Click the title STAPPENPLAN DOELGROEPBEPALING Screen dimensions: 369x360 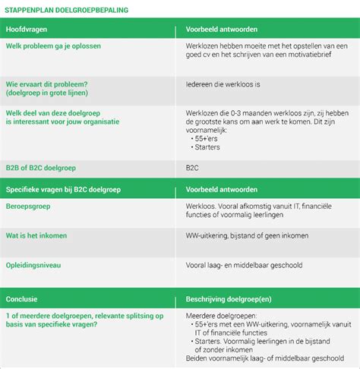[67, 11]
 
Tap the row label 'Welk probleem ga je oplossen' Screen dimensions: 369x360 [53, 46]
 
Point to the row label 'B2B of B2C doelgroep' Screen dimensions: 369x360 [41, 166]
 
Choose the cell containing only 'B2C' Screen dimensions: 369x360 [192, 166]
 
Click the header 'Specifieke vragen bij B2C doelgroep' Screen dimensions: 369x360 [69, 188]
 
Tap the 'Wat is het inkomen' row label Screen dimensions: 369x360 [38, 235]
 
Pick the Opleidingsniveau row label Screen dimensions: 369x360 [33, 266]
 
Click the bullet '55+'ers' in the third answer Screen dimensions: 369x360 [208, 139]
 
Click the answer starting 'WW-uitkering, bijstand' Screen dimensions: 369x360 [247, 235]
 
